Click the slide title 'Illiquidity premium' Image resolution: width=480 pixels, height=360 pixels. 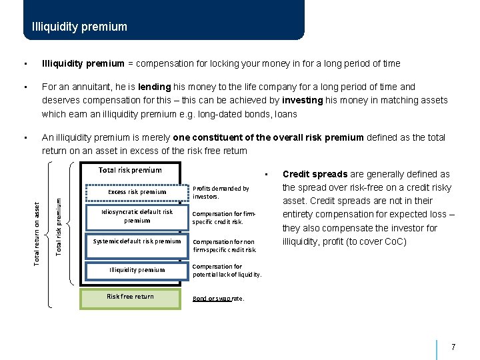[x=79, y=27]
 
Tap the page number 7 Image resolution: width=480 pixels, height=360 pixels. [x=453, y=347]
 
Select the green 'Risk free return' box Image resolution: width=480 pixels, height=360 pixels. [x=130, y=297]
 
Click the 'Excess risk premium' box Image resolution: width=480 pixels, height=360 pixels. [x=137, y=192]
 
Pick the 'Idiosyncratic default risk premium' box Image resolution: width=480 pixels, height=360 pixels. [x=137, y=216]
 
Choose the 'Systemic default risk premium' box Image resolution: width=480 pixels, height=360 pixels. [x=137, y=241]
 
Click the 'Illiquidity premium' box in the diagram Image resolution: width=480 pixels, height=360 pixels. [x=137, y=270]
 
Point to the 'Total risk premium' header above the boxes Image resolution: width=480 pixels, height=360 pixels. [x=130, y=170]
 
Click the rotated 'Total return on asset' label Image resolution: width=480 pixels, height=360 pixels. [x=38, y=224]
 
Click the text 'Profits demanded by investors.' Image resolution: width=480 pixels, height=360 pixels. [x=221, y=193]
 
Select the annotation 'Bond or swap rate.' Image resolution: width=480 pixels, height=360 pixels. [x=218, y=299]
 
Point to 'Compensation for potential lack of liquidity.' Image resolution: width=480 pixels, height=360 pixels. [x=227, y=270]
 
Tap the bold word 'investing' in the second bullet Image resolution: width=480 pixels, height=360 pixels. [x=304, y=100]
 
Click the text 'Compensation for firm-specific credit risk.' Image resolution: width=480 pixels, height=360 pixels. [x=224, y=217]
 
